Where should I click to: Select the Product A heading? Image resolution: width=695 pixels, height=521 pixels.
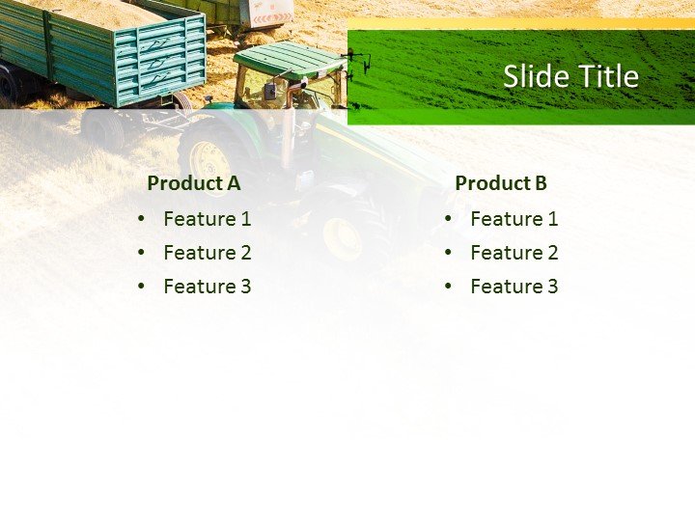pos(194,183)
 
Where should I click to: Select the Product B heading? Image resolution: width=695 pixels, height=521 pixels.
pos(501,183)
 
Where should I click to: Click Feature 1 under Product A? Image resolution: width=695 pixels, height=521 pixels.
pos(208,219)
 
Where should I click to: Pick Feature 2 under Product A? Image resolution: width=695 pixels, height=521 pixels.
pos(208,253)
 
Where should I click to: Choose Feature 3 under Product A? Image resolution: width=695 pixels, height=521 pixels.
pos(208,287)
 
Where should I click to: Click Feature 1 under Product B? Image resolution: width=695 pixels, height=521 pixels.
pos(514,219)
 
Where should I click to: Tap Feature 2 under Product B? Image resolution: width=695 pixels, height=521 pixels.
pos(514,253)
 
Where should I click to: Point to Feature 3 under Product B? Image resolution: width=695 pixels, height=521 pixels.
pos(514,287)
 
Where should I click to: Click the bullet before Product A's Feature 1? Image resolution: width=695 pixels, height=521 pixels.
pos(142,219)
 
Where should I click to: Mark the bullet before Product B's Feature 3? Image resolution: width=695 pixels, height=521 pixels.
pos(449,287)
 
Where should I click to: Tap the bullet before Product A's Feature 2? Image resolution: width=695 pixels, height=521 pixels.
pos(142,253)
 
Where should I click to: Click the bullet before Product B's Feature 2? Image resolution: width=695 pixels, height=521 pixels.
pos(449,253)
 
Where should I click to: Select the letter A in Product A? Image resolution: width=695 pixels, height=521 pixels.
pos(234,183)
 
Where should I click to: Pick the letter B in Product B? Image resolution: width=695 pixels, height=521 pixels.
pos(541,183)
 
